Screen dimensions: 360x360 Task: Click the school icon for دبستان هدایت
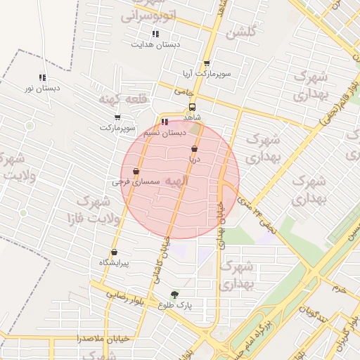point(155,34)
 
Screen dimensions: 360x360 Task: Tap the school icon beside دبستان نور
point(42,78)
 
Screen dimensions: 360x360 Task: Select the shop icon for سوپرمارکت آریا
point(206,63)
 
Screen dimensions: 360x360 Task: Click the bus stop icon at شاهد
point(192,108)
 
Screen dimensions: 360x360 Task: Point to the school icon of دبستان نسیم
point(165,122)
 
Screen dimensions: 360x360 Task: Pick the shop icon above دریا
point(194,149)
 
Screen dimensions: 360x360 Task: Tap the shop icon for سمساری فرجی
point(136,172)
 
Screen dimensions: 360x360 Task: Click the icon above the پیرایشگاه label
point(113,252)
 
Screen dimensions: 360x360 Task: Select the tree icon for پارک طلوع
point(174,295)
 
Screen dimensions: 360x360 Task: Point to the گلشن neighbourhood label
point(240,32)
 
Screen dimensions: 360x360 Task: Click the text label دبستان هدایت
point(155,44)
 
